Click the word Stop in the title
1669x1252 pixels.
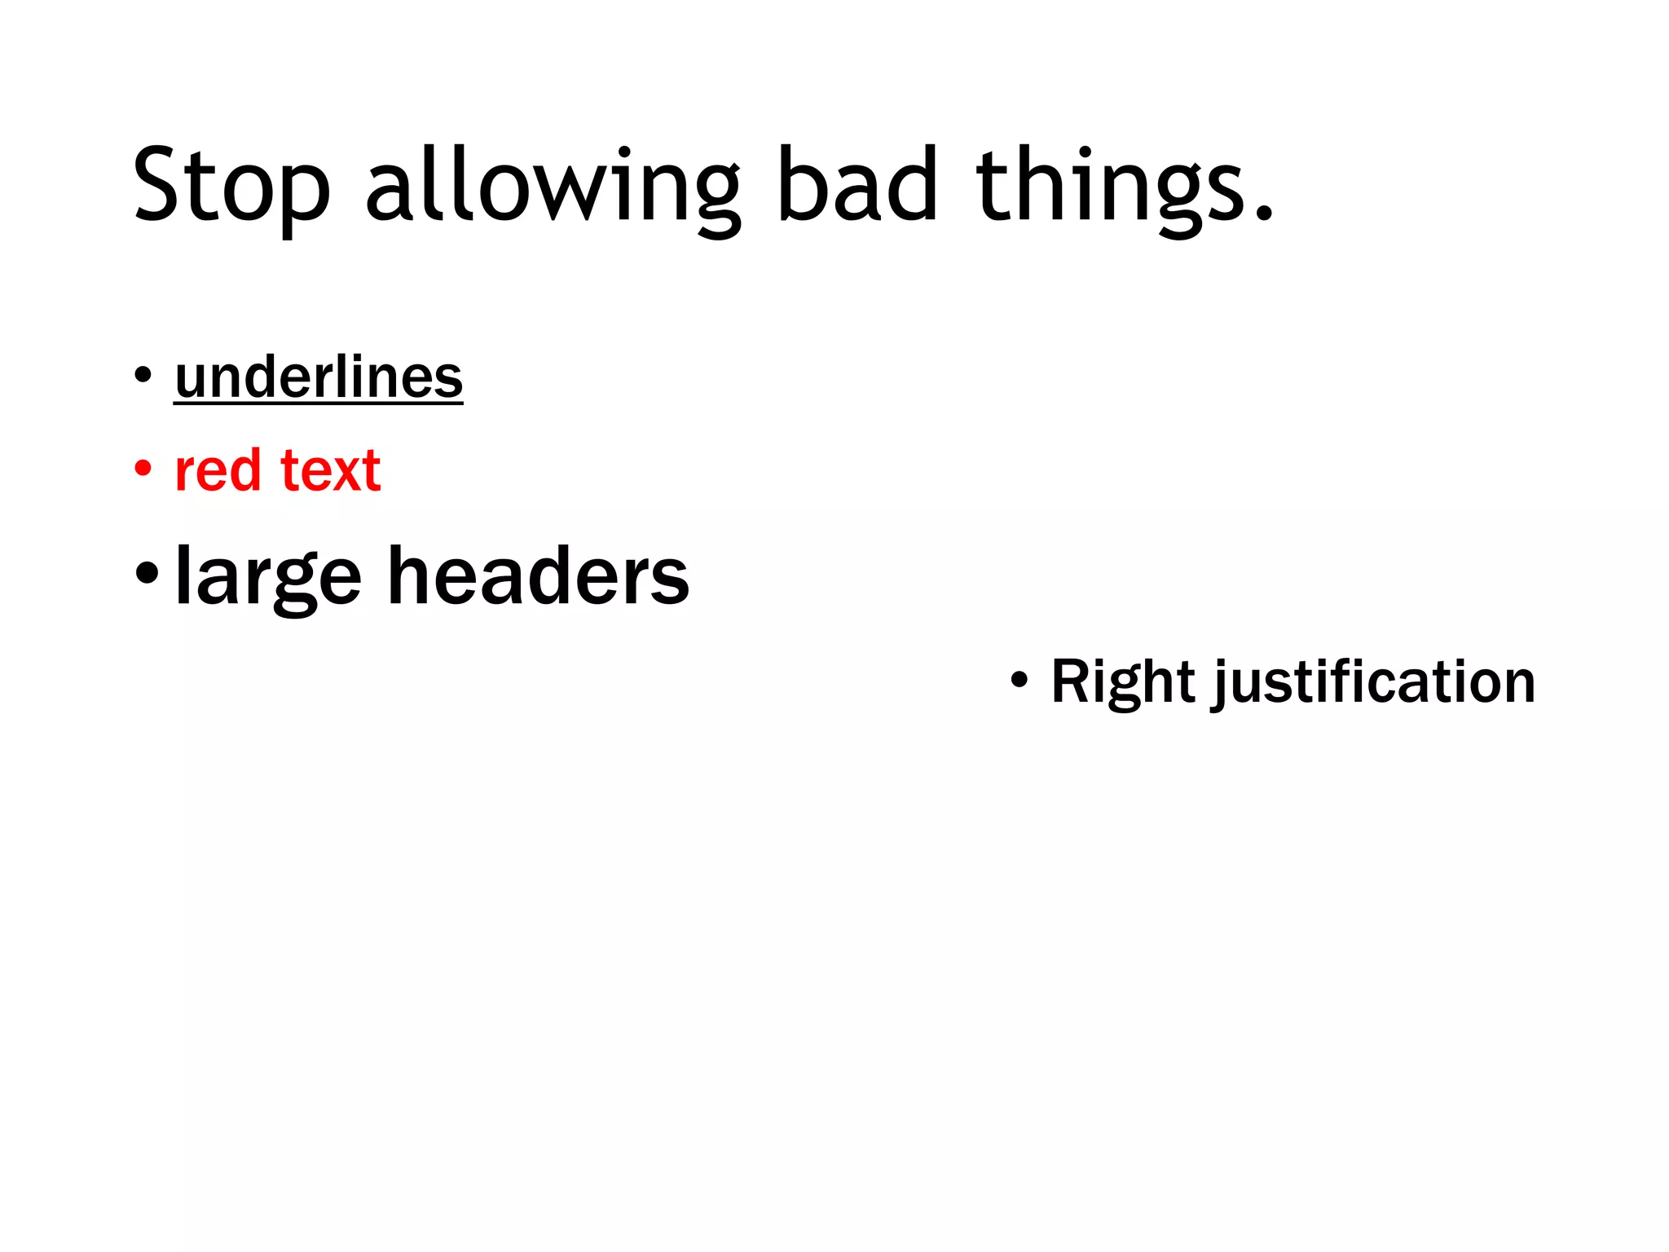coord(231,186)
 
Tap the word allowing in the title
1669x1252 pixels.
coord(553,186)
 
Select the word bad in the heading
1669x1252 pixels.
coord(857,186)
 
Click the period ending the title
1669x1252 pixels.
coord(1263,214)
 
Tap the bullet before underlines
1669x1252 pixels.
coord(143,376)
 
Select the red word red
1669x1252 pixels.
coord(218,470)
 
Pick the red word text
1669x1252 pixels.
coord(330,470)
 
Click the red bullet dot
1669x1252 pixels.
coord(143,469)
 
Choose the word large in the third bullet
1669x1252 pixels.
coord(268,577)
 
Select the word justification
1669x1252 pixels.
coord(1375,682)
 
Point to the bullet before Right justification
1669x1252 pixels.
coord(1019,679)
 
